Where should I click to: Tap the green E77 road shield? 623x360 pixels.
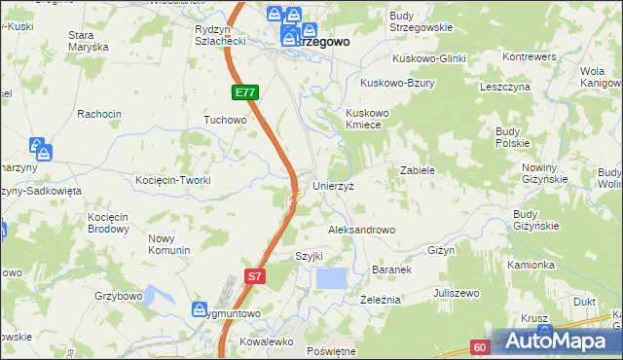pyautogui.click(x=245, y=92)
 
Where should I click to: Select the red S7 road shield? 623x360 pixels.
pyautogui.click(x=254, y=276)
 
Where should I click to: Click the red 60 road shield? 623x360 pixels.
pyautogui.click(x=480, y=346)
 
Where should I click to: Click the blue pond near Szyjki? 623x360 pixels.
pyautogui.click(x=331, y=278)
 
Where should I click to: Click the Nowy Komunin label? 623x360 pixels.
pyautogui.click(x=168, y=244)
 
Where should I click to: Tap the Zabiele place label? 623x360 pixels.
pyautogui.click(x=417, y=170)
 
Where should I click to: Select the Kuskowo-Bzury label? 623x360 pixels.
pyautogui.click(x=397, y=84)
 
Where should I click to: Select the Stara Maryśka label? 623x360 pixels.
pyautogui.click(x=87, y=41)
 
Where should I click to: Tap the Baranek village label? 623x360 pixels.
pyautogui.click(x=394, y=270)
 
